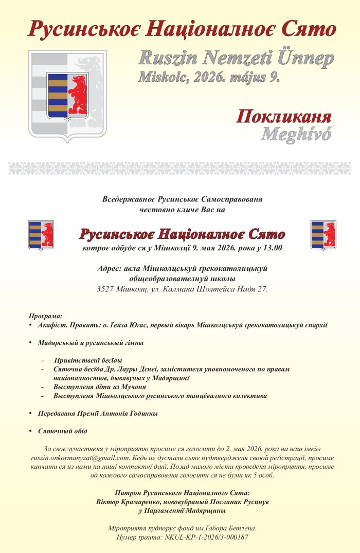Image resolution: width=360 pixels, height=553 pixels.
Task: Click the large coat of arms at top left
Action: click(68, 95)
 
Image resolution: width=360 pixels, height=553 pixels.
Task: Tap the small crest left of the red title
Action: click(41, 235)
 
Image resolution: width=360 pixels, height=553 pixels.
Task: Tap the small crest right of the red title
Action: click(323, 235)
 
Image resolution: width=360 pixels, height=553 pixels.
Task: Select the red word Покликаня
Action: click(283, 116)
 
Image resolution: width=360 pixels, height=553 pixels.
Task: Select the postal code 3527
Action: click(107, 289)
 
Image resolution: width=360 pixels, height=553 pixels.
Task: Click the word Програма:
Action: click(45, 316)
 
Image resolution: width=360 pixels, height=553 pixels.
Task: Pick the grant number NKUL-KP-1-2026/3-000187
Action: click(205, 537)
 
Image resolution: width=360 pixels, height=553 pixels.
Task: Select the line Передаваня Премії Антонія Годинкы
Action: click(97, 413)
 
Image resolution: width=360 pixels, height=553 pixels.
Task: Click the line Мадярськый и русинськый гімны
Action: click(90, 342)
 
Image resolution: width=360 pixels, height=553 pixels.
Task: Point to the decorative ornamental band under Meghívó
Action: click(180, 168)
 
